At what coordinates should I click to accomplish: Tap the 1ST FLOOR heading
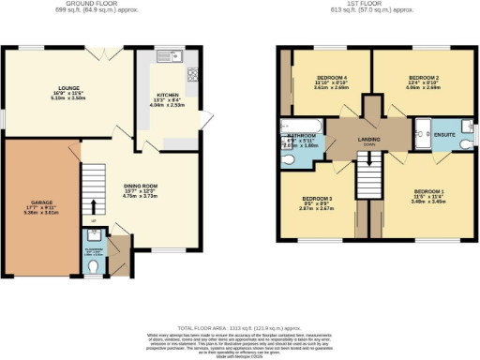[375, 5]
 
